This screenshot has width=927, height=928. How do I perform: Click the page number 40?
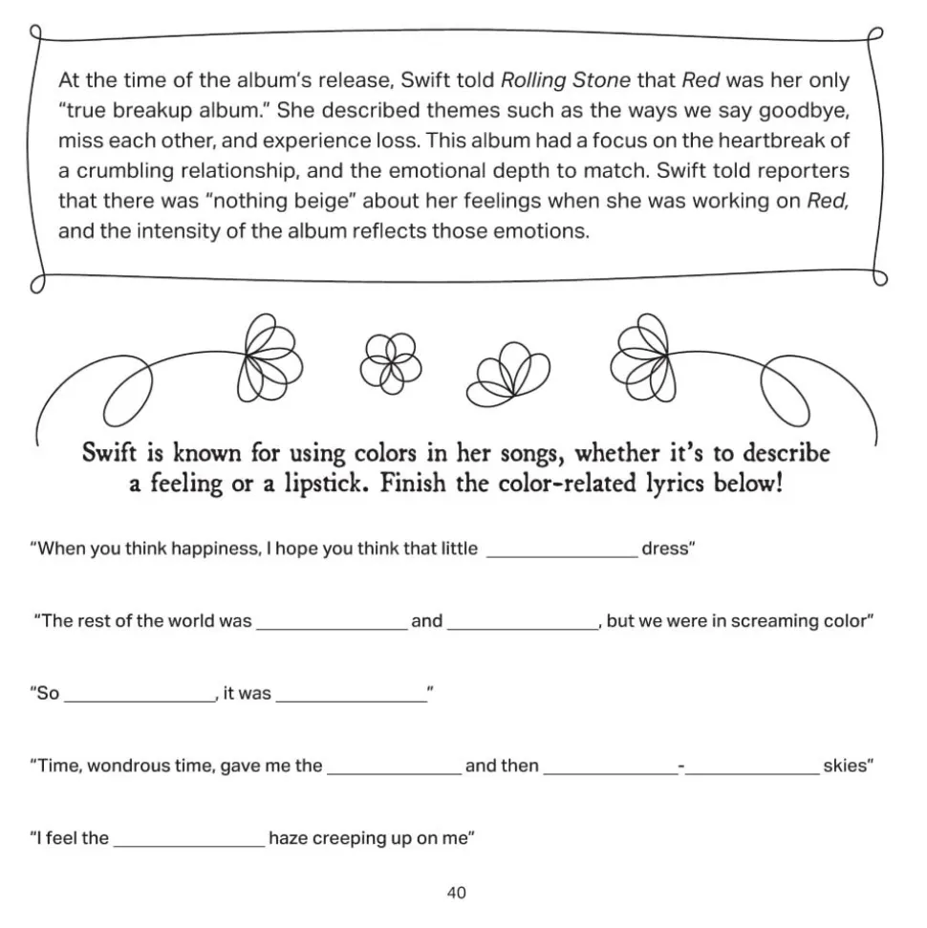[456, 893]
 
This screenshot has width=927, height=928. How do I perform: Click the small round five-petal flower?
[385, 362]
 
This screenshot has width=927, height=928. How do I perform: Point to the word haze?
[289, 838]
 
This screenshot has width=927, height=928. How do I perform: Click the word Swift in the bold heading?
[112, 451]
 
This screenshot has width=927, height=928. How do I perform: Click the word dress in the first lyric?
[666, 550]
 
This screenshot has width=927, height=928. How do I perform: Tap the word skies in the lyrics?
[846, 766]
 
